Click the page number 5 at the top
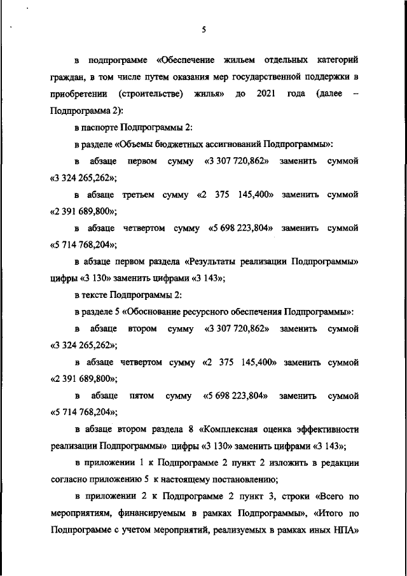tap(203, 29)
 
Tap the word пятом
tap(141, 395)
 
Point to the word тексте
tap(95, 295)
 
